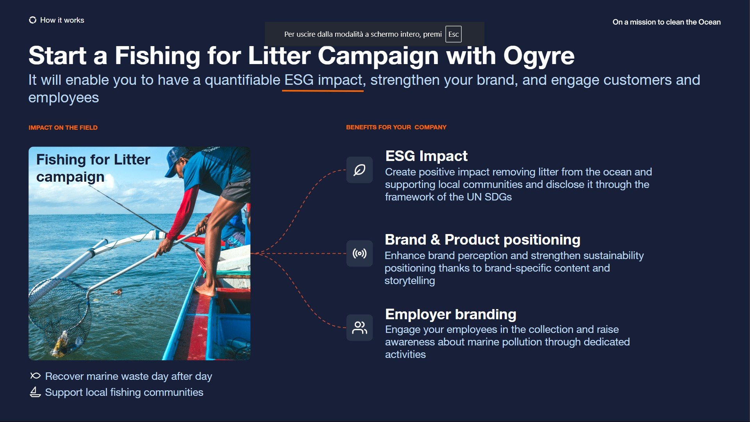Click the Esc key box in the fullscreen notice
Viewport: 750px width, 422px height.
point(453,34)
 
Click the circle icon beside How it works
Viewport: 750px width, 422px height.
point(32,20)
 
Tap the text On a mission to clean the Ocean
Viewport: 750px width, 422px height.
point(666,22)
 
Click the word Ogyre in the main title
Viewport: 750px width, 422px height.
point(539,56)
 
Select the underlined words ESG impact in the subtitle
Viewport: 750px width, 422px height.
point(323,80)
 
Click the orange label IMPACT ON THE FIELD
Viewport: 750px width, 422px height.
point(63,128)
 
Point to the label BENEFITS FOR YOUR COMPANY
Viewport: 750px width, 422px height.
point(396,127)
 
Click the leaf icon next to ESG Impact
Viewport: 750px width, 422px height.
point(359,170)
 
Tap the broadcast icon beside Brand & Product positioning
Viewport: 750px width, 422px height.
point(359,254)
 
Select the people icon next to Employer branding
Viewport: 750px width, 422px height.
point(359,328)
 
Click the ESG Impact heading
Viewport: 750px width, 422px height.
point(426,156)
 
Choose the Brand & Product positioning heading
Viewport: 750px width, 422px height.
point(482,240)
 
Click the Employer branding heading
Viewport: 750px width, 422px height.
point(451,314)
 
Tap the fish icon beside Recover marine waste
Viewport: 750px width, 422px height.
point(35,376)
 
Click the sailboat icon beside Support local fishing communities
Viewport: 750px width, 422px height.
point(35,392)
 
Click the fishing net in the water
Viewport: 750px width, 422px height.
point(59,313)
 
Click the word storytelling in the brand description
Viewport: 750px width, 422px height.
point(410,281)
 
